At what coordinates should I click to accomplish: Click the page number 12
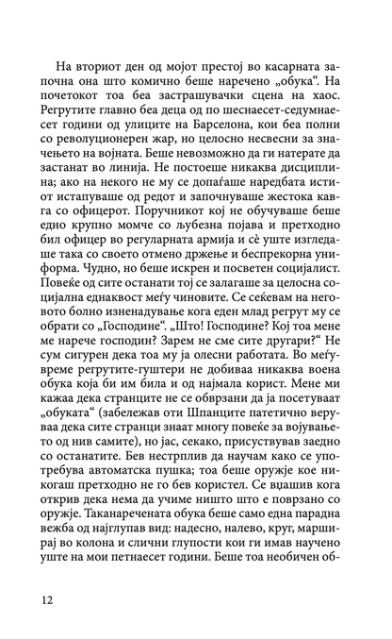click(x=48, y=599)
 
